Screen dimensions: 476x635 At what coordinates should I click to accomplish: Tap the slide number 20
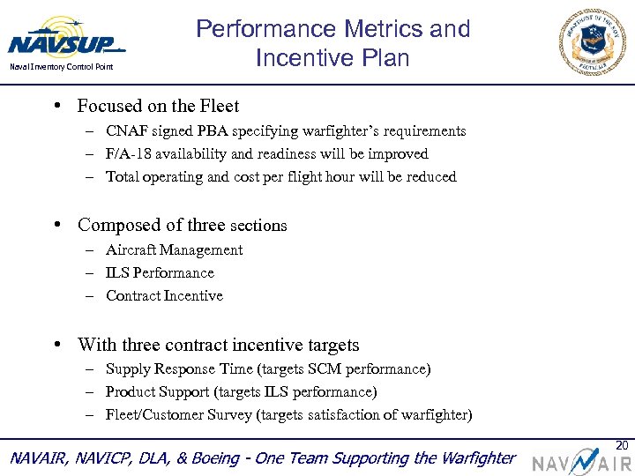621,445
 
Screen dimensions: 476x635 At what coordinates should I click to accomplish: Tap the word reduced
430,177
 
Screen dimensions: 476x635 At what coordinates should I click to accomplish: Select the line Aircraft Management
174,250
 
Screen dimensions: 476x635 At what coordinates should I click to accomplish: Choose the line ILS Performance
160,273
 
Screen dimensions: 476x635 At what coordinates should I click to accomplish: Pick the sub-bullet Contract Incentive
164,296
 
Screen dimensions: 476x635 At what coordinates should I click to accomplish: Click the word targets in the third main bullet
328,345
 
